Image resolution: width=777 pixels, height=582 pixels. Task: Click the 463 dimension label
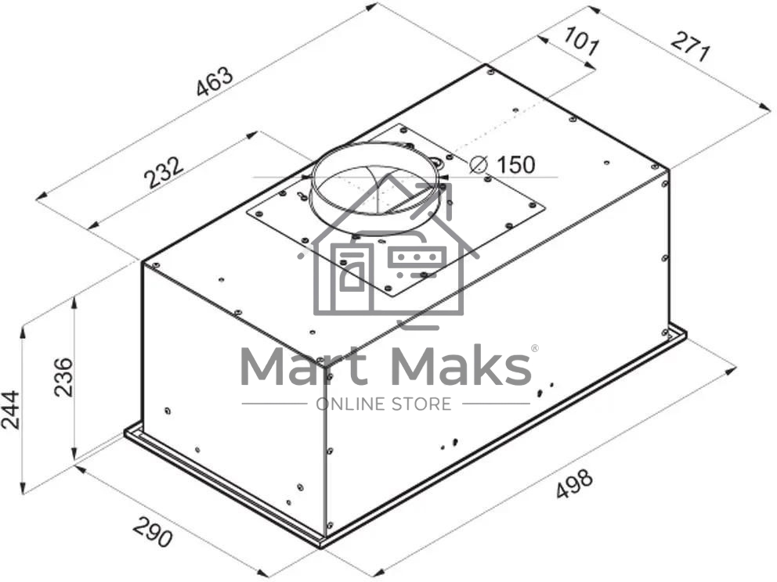click(215, 82)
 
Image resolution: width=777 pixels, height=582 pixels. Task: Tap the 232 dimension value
click(164, 172)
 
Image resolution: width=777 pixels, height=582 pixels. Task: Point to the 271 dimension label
click(689, 48)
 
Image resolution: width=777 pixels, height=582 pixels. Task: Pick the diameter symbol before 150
click(479, 165)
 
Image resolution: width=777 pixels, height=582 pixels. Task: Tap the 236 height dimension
click(63, 377)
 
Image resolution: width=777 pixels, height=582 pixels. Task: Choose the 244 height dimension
click(11, 408)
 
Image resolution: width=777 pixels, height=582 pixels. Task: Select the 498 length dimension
click(574, 484)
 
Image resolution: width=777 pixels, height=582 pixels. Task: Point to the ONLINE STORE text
click(383, 404)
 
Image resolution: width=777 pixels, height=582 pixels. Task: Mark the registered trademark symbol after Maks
click(535, 349)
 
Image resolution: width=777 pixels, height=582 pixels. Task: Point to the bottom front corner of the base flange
click(322, 543)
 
